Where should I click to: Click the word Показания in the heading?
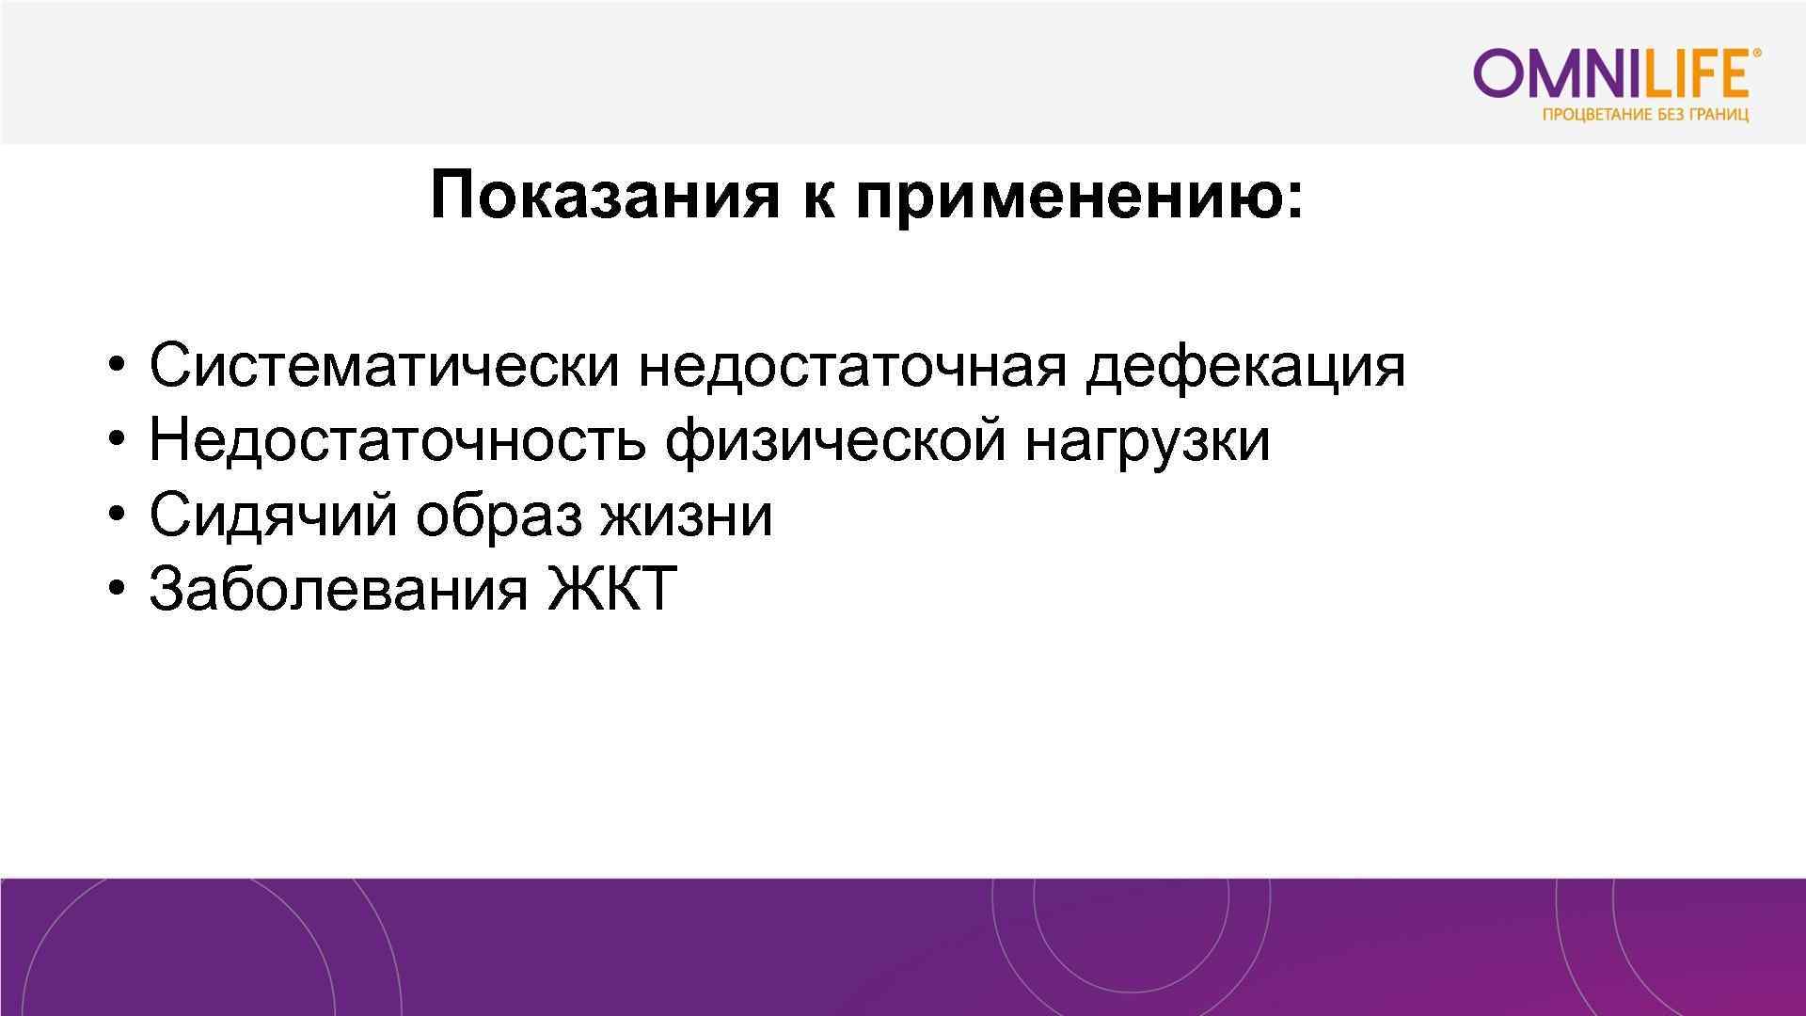[604, 196]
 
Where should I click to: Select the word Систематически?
[384, 365]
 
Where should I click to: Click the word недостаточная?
[852, 367]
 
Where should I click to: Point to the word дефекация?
[1244, 367]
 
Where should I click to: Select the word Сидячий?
[273, 516]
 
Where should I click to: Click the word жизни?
[687, 516]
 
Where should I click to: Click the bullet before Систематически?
[116, 367]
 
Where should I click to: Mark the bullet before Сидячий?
[116, 516]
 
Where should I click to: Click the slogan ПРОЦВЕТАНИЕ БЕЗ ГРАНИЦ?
[1645, 116]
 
